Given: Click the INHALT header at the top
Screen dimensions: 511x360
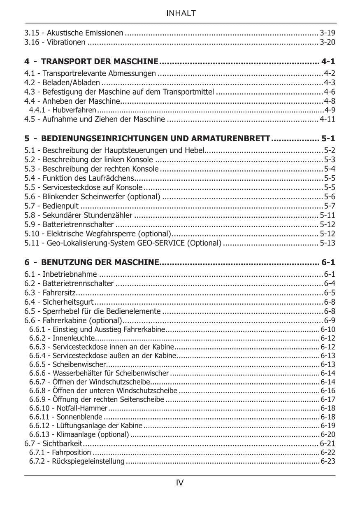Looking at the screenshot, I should click(181, 14).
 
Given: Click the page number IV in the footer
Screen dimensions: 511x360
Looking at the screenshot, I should click(180, 483).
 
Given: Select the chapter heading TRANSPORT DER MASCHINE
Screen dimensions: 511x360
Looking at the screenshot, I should click(100, 62).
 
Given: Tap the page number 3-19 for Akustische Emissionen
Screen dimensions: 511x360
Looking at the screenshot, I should click(327, 33).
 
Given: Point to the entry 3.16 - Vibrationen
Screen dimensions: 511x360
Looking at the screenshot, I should click(55, 42).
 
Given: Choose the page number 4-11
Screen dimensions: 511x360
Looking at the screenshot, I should click(327, 119).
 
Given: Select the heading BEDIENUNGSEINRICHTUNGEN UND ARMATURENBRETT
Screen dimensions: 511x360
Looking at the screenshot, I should click(156, 138).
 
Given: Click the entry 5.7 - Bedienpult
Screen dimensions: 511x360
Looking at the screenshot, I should click(51, 206).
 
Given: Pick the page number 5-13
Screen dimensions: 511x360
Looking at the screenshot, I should click(327, 243).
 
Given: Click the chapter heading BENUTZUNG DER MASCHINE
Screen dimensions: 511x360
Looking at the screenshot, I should click(100, 262).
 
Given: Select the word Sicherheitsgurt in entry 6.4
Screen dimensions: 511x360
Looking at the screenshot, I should click(68, 302).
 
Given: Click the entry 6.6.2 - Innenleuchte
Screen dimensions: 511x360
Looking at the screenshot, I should click(62, 338).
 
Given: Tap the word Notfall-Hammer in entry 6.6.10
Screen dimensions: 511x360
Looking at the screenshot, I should click(82, 408).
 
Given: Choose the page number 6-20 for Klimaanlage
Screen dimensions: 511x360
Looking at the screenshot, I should click(328, 434).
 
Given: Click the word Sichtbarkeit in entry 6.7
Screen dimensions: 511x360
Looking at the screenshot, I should click(62, 443).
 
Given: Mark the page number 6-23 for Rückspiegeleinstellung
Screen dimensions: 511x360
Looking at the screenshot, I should click(328, 461).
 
